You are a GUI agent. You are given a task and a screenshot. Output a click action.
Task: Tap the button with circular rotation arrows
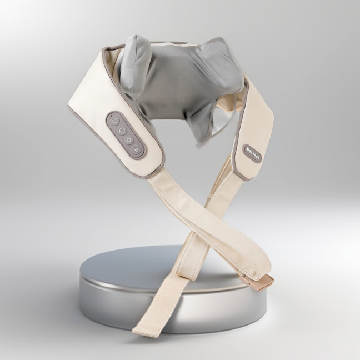point(122,130)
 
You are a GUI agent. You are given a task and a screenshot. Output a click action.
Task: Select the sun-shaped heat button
point(129,139)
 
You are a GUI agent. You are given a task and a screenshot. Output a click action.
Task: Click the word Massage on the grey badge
point(251,152)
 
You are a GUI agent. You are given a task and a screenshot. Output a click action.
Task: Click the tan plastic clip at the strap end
point(261,282)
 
